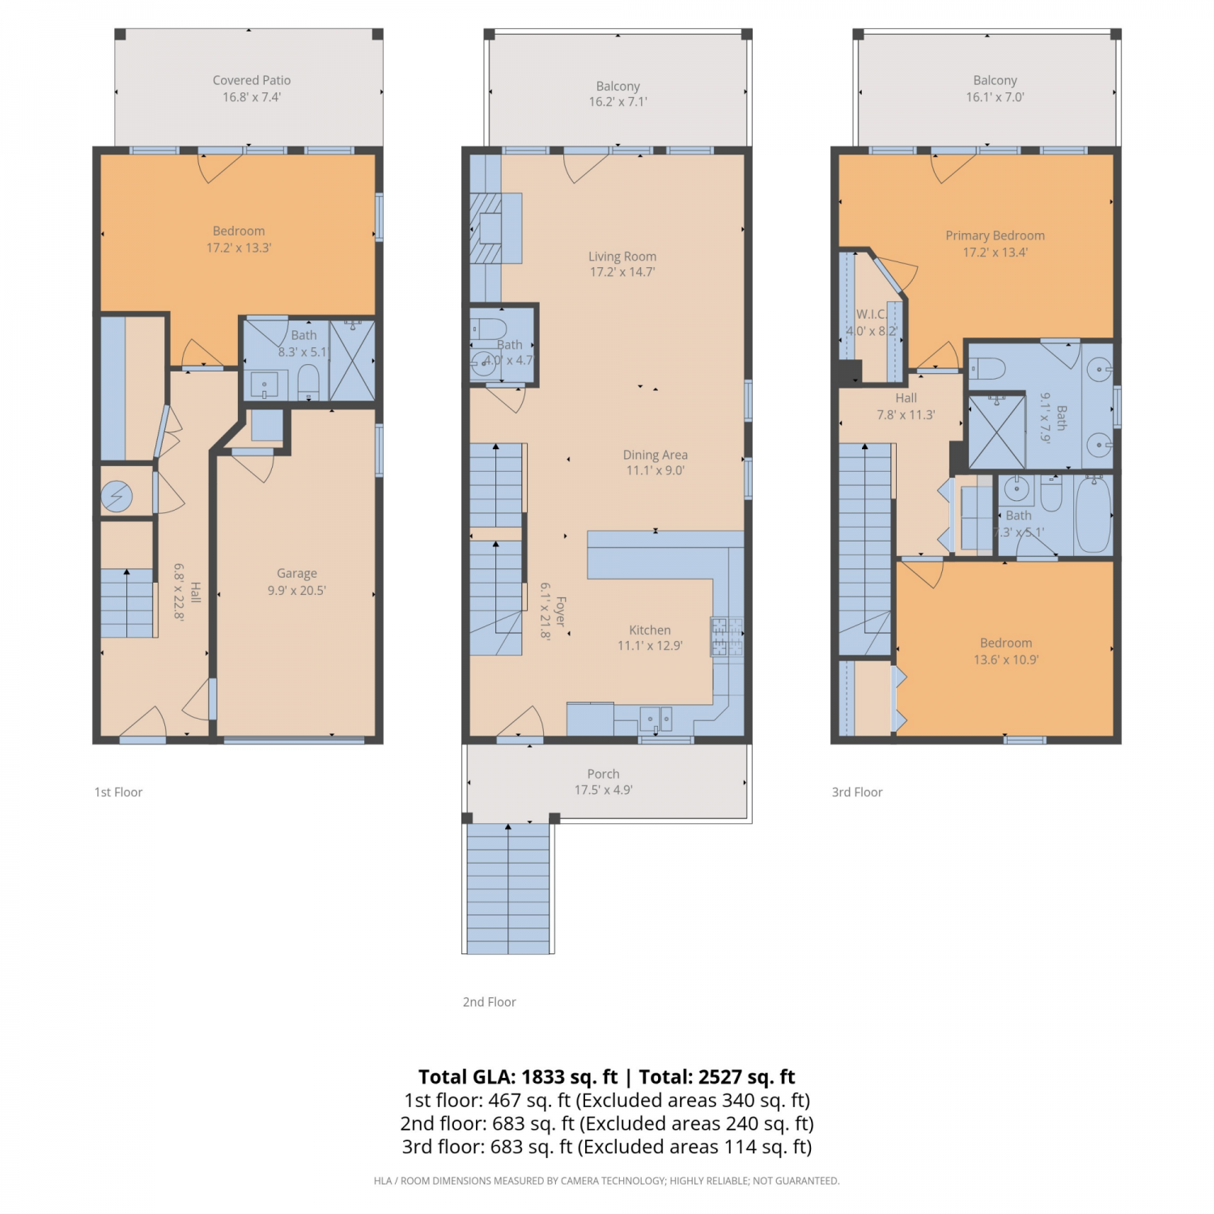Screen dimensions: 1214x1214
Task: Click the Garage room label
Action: pyautogui.click(x=297, y=573)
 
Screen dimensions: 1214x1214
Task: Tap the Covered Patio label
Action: pyautogui.click(x=252, y=80)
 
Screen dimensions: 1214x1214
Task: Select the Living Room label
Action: pyautogui.click(x=622, y=257)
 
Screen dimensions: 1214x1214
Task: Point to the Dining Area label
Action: pyautogui.click(x=656, y=455)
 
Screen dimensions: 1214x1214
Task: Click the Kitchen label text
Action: pyautogui.click(x=650, y=630)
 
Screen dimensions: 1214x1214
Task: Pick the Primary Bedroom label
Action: pyautogui.click(x=995, y=236)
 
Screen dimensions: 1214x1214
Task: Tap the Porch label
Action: pyautogui.click(x=604, y=774)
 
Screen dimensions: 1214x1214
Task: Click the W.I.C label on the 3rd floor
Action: pyautogui.click(x=871, y=314)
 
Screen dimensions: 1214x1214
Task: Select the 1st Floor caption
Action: pyautogui.click(x=118, y=792)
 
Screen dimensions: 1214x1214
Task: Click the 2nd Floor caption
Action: pyautogui.click(x=490, y=1002)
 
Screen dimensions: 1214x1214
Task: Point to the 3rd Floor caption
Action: pyautogui.click(x=857, y=792)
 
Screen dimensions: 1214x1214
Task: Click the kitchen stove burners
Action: pyautogui.click(x=727, y=636)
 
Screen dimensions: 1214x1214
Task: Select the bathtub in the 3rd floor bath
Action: pyautogui.click(x=1093, y=515)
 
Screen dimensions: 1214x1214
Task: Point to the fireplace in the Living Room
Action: pyautogui.click(x=490, y=228)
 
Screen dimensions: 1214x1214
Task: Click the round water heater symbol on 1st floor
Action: pyautogui.click(x=117, y=495)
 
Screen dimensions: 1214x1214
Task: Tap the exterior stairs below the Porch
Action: pyautogui.click(x=508, y=888)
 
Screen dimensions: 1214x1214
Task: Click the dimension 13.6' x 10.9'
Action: pyautogui.click(x=1006, y=660)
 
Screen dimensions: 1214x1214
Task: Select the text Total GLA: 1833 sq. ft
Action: pyautogui.click(x=518, y=1077)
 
